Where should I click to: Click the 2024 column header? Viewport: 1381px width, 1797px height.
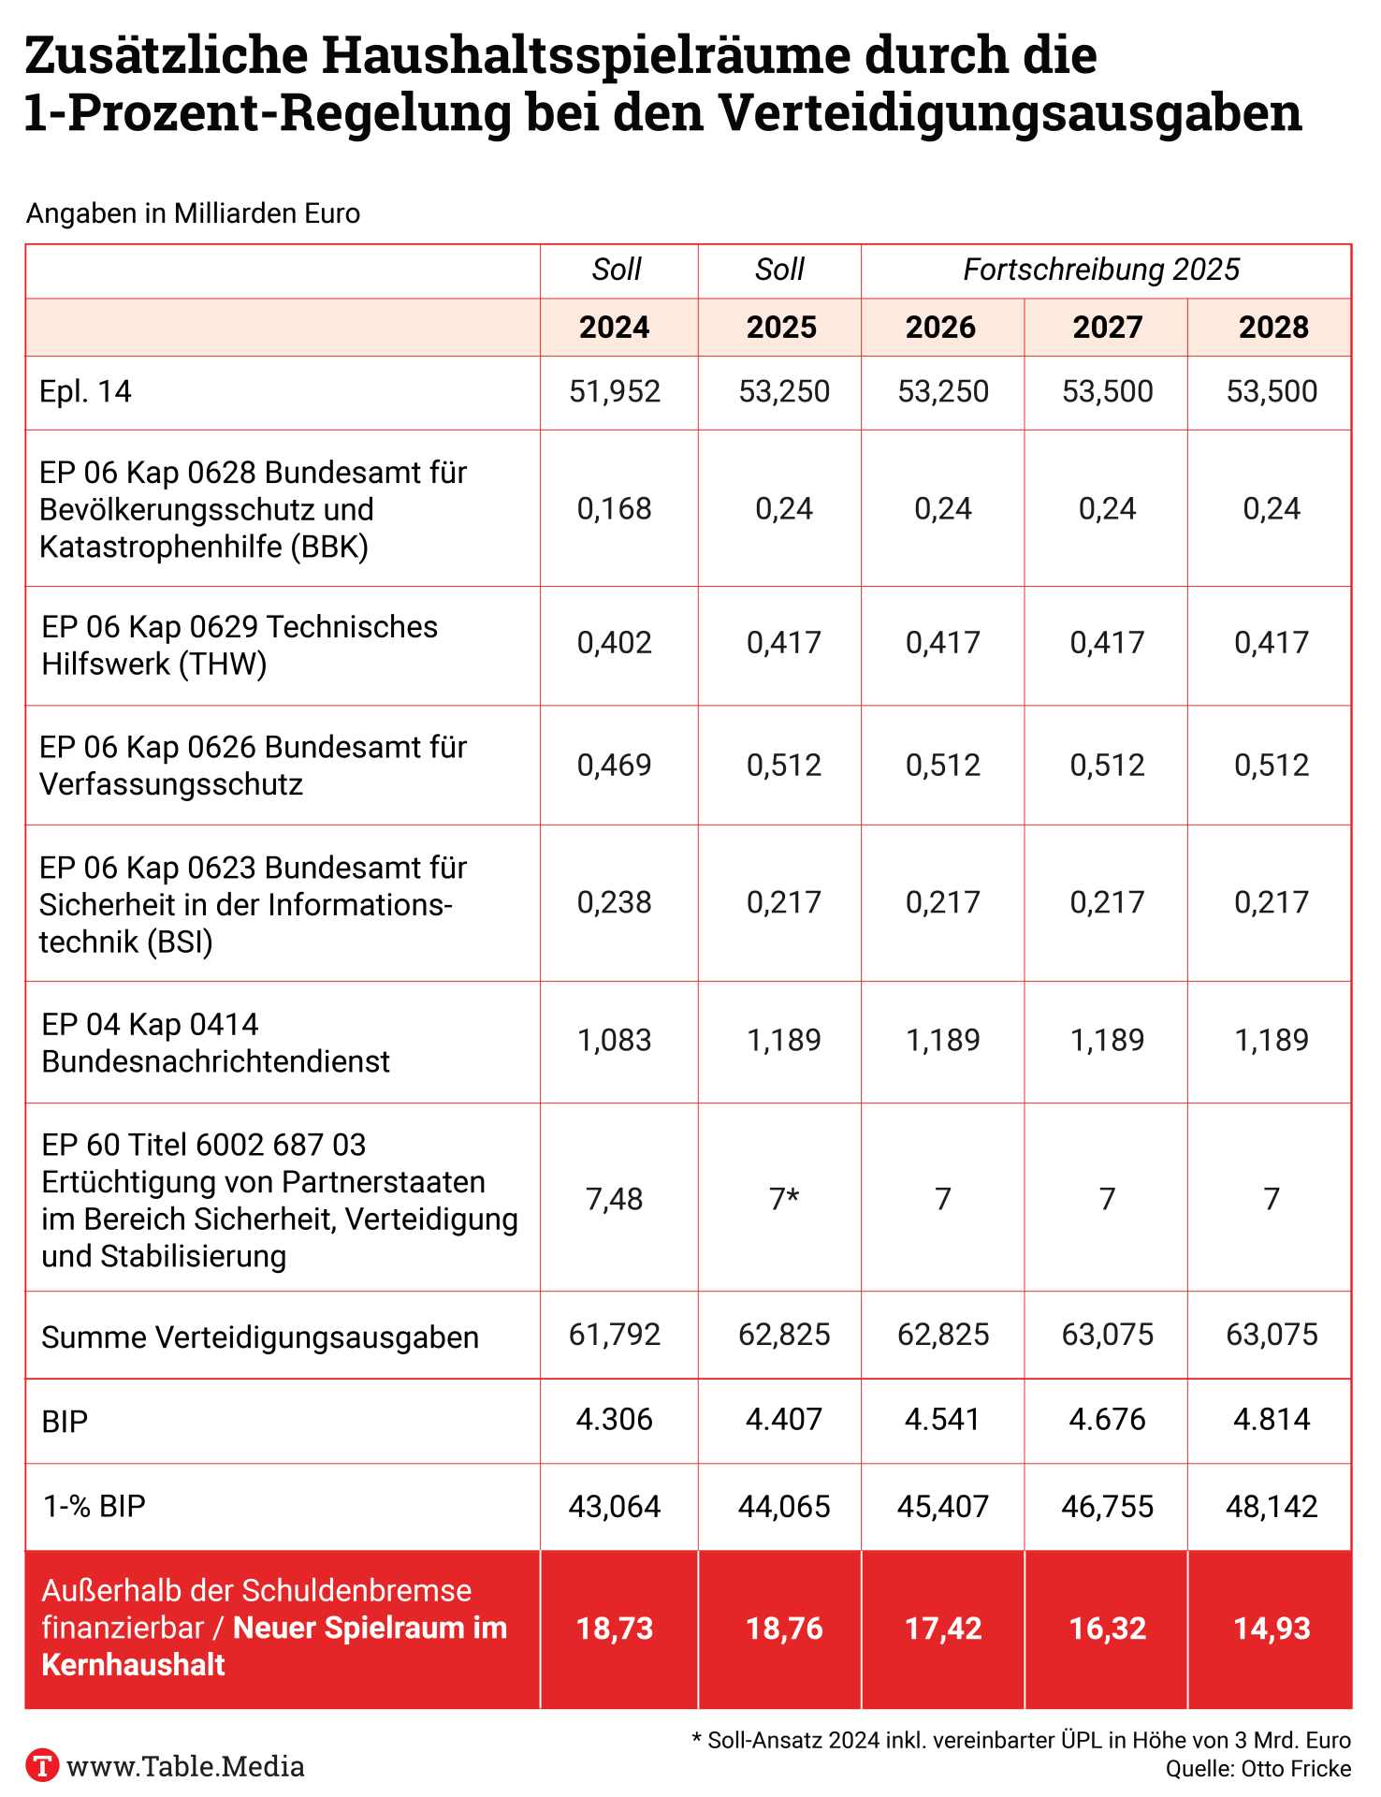[x=615, y=328]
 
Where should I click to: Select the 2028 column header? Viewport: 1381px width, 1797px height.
[x=1273, y=328]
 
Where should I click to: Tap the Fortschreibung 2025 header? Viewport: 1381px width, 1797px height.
[x=1101, y=270]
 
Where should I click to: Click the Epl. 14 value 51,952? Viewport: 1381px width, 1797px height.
[x=615, y=391]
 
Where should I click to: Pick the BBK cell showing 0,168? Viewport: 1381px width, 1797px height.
[x=615, y=508]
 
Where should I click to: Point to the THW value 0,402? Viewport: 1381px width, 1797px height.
[x=615, y=643]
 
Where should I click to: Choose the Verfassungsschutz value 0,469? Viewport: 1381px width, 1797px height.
[x=615, y=766]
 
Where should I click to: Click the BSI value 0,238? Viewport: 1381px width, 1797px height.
[x=615, y=902]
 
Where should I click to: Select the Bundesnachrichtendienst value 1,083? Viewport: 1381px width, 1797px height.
[x=615, y=1040]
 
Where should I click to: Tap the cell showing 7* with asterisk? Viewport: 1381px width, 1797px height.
[x=784, y=1199]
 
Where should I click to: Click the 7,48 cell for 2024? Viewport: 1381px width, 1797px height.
[x=615, y=1199]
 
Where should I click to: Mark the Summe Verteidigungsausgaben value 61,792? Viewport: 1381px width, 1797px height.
[x=615, y=1334]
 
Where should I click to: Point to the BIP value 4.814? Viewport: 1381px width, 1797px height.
[x=1272, y=1420]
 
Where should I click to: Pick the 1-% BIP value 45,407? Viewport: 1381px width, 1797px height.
[x=943, y=1507]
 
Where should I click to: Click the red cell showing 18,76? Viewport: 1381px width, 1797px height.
[x=784, y=1629]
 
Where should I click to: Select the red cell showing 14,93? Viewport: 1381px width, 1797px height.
[x=1272, y=1629]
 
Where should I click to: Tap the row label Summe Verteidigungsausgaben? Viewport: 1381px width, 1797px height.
[x=260, y=1337]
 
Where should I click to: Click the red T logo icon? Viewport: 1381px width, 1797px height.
[x=42, y=1765]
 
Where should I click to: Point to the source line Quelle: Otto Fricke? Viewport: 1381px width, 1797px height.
[x=1258, y=1769]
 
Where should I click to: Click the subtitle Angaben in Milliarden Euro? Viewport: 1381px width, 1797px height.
[x=193, y=214]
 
